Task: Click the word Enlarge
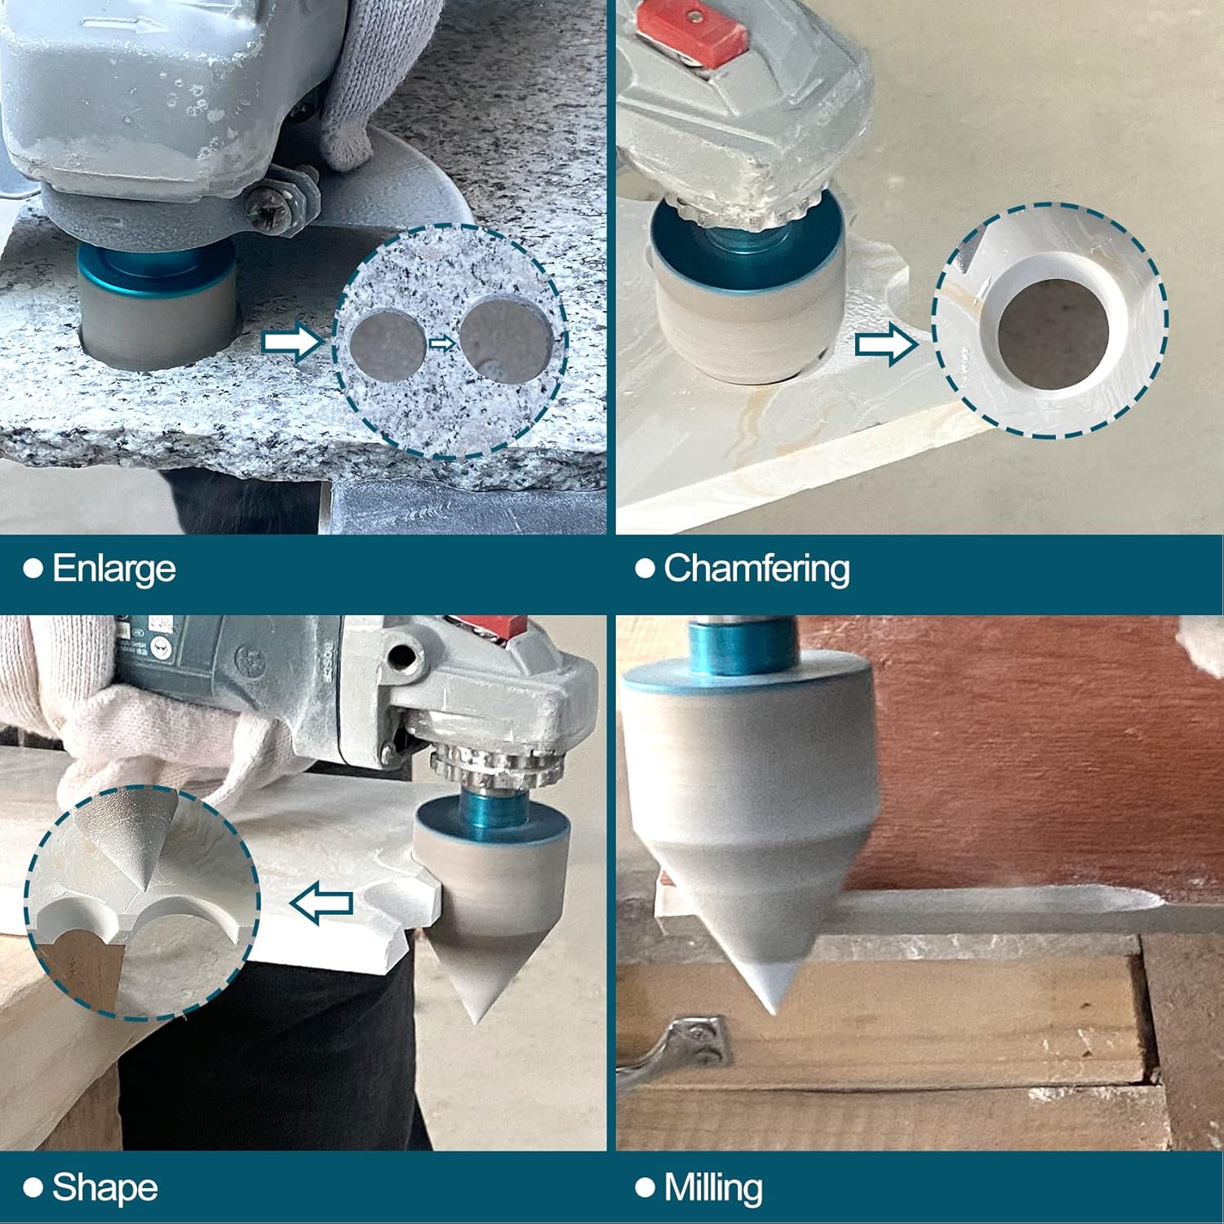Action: click(113, 570)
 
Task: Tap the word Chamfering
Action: click(756, 570)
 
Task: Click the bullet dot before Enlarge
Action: click(33, 569)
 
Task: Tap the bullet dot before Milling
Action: click(645, 1187)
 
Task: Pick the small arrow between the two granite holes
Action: click(442, 343)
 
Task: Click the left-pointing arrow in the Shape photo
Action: click(322, 903)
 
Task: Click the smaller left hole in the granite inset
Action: click(388, 346)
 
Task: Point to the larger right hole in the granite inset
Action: click(506, 338)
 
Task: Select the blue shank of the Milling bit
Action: click(743, 645)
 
